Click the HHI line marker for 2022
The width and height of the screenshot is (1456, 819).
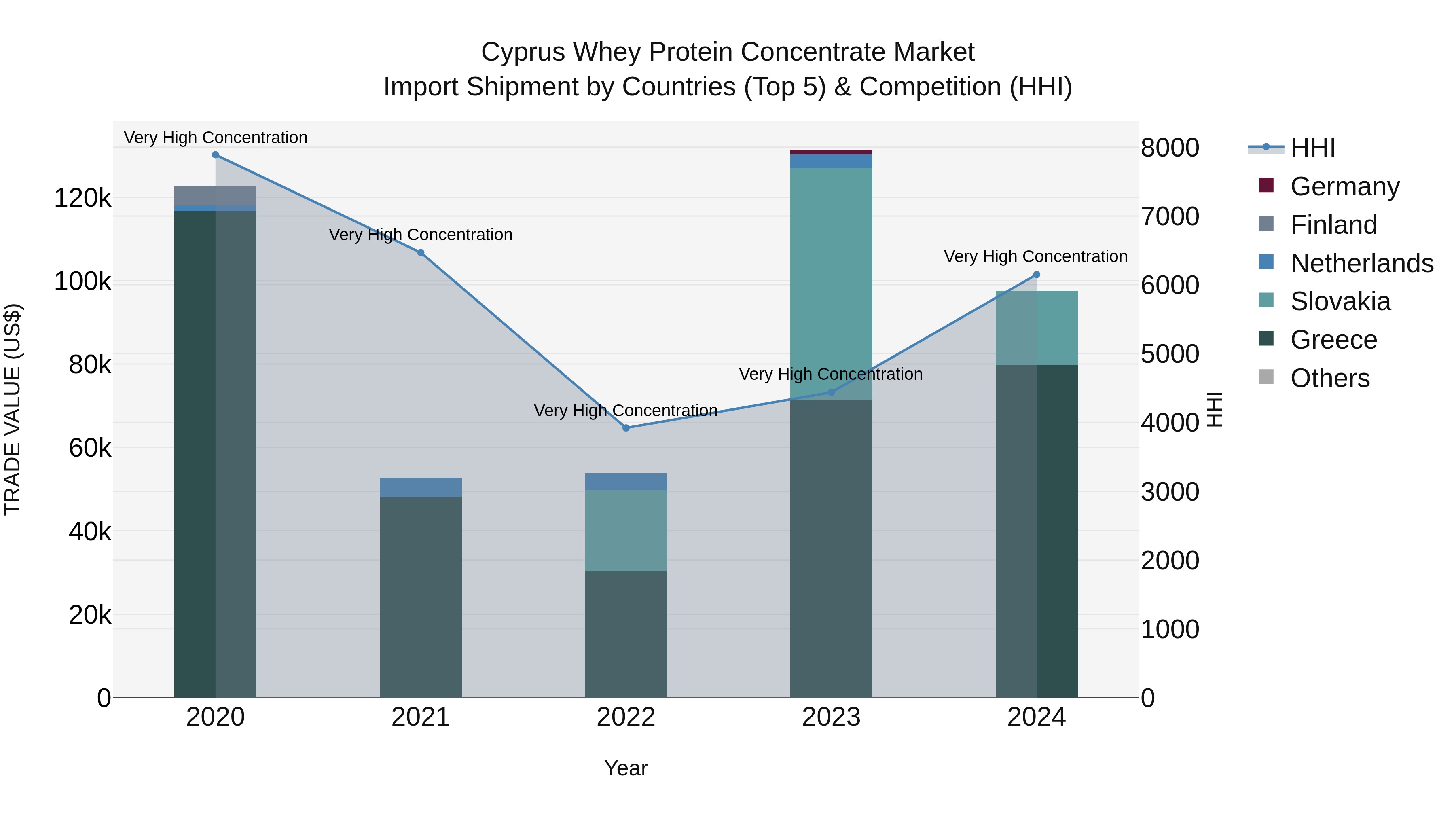click(x=626, y=428)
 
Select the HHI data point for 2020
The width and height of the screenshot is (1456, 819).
click(x=215, y=155)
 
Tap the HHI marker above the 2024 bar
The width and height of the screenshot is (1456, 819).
click(x=1036, y=275)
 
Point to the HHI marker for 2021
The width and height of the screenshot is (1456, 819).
click(x=421, y=253)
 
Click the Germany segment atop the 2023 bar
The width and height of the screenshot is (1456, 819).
click(x=831, y=152)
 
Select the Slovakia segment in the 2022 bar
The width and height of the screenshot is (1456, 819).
click(x=626, y=530)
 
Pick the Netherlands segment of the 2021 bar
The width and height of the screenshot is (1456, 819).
click(x=421, y=487)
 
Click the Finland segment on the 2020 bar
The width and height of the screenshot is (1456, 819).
click(x=215, y=196)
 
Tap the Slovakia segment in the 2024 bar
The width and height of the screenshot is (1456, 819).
click(x=1036, y=328)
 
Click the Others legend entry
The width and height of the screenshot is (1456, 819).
click(x=1329, y=378)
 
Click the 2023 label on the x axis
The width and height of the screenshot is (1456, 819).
click(x=831, y=717)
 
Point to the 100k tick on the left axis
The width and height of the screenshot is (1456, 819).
click(x=83, y=281)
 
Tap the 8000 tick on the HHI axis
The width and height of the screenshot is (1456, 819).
click(x=1169, y=148)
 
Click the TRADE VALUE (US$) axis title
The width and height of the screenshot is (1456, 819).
click(x=13, y=409)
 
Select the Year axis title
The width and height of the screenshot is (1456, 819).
click(x=626, y=768)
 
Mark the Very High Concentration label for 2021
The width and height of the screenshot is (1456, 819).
click(x=421, y=235)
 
